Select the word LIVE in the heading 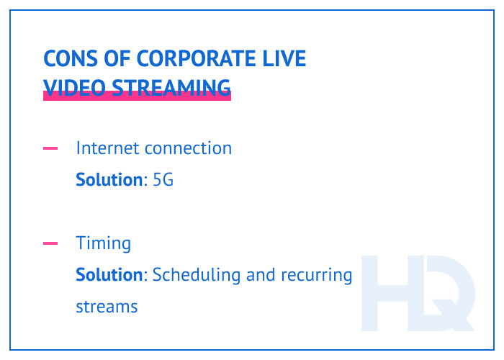pyautogui.click(x=286, y=59)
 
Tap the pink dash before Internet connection pyautogui.click(x=50, y=149)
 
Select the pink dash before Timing pyautogui.click(x=50, y=244)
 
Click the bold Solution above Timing pyautogui.click(x=109, y=180)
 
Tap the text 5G pyautogui.click(x=163, y=180)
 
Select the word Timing pyautogui.click(x=104, y=244)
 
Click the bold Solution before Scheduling pyautogui.click(x=109, y=275)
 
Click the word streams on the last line pyautogui.click(x=107, y=307)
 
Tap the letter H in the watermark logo pyautogui.click(x=390, y=292)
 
